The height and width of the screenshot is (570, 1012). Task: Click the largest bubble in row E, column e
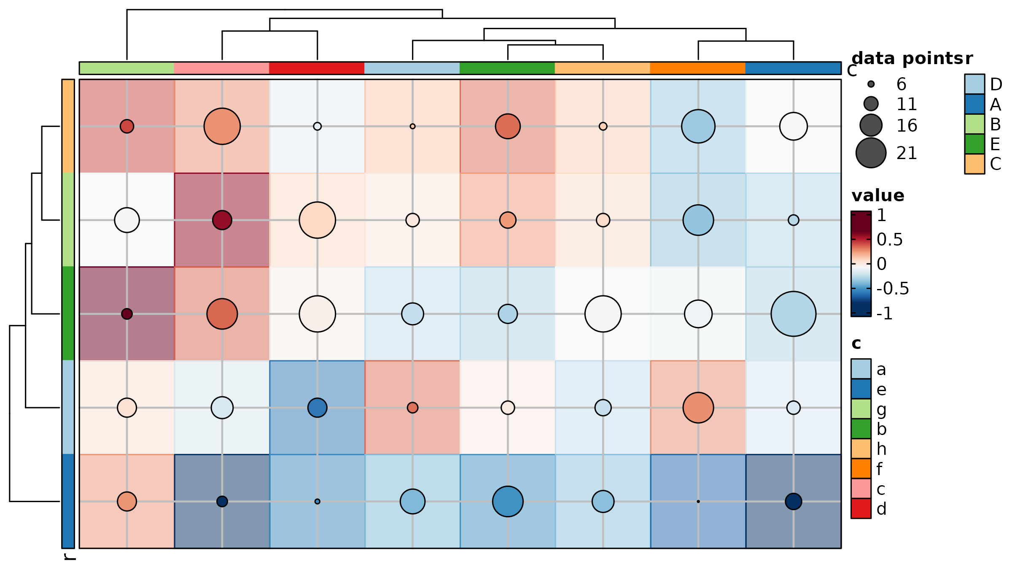coord(793,314)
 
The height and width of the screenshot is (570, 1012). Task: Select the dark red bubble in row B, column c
coord(222,220)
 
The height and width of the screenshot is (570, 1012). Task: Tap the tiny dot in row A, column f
coord(698,502)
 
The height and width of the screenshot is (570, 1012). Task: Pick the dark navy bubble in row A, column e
coord(793,502)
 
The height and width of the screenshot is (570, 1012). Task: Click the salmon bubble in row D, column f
coord(698,408)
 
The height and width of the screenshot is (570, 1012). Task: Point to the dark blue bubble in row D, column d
coord(317,408)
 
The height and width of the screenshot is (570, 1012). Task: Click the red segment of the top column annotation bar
coord(317,68)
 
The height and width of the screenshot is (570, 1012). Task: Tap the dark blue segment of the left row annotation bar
coord(68,501)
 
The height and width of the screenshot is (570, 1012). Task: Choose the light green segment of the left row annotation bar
coord(68,220)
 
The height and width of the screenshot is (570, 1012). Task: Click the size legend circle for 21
coord(871,153)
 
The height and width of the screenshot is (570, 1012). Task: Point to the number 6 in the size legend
coord(902,84)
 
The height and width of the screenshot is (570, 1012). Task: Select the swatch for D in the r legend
coord(974,84)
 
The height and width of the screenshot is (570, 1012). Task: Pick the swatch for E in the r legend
coord(974,144)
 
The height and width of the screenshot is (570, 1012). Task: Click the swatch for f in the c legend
coord(861,469)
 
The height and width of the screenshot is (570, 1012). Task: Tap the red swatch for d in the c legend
coord(861,509)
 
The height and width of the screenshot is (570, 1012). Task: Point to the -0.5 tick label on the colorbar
coord(893,289)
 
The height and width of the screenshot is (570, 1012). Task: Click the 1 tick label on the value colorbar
coord(882,216)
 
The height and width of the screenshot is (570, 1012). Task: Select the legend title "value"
coord(878,196)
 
